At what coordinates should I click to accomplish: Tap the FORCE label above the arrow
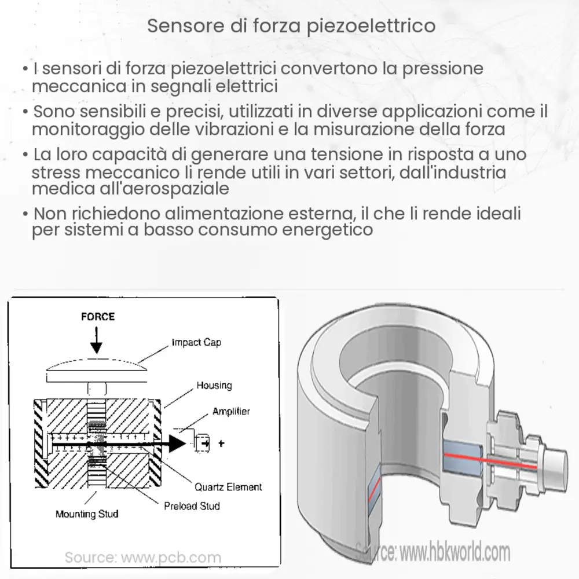(97, 317)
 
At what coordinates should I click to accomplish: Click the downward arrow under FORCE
(96, 342)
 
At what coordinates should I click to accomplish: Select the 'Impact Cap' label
(196, 342)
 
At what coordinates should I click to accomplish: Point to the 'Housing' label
(214, 385)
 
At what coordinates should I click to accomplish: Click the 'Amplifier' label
(231, 411)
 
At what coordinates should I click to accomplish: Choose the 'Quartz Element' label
(228, 486)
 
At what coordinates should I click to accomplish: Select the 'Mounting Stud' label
(87, 514)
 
